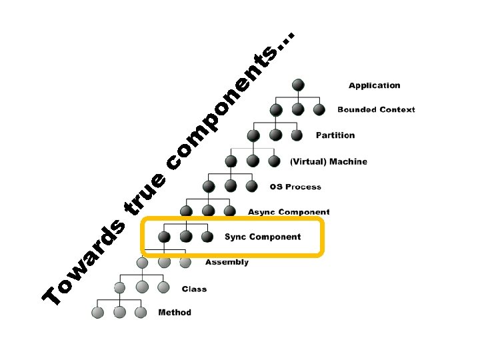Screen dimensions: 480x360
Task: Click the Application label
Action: click(x=375, y=85)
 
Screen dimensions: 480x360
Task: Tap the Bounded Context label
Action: click(x=376, y=109)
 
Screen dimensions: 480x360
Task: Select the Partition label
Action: click(x=335, y=135)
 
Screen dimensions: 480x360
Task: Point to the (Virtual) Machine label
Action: click(x=329, y=161)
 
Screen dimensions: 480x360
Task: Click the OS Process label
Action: click(x=295, y=187)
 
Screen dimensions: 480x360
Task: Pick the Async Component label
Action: click(x=289, y=212)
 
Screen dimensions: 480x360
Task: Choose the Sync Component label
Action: click(x=263, y=237)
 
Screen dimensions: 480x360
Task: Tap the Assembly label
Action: click(x=227, y=262)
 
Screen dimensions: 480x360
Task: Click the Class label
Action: click(x=194, y=289)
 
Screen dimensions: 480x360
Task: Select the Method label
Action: click(x=175, y=312)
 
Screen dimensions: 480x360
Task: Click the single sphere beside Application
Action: click(x=298, y=85)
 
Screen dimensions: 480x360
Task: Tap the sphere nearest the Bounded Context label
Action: click(x=319, y=109)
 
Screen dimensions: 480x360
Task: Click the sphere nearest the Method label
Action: click(x=140, y=312)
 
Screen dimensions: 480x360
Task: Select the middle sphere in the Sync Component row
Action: click(x=186, y=237)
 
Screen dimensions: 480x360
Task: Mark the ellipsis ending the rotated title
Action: click(x=285, y=41)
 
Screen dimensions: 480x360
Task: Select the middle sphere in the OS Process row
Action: click(x=230, y=186)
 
